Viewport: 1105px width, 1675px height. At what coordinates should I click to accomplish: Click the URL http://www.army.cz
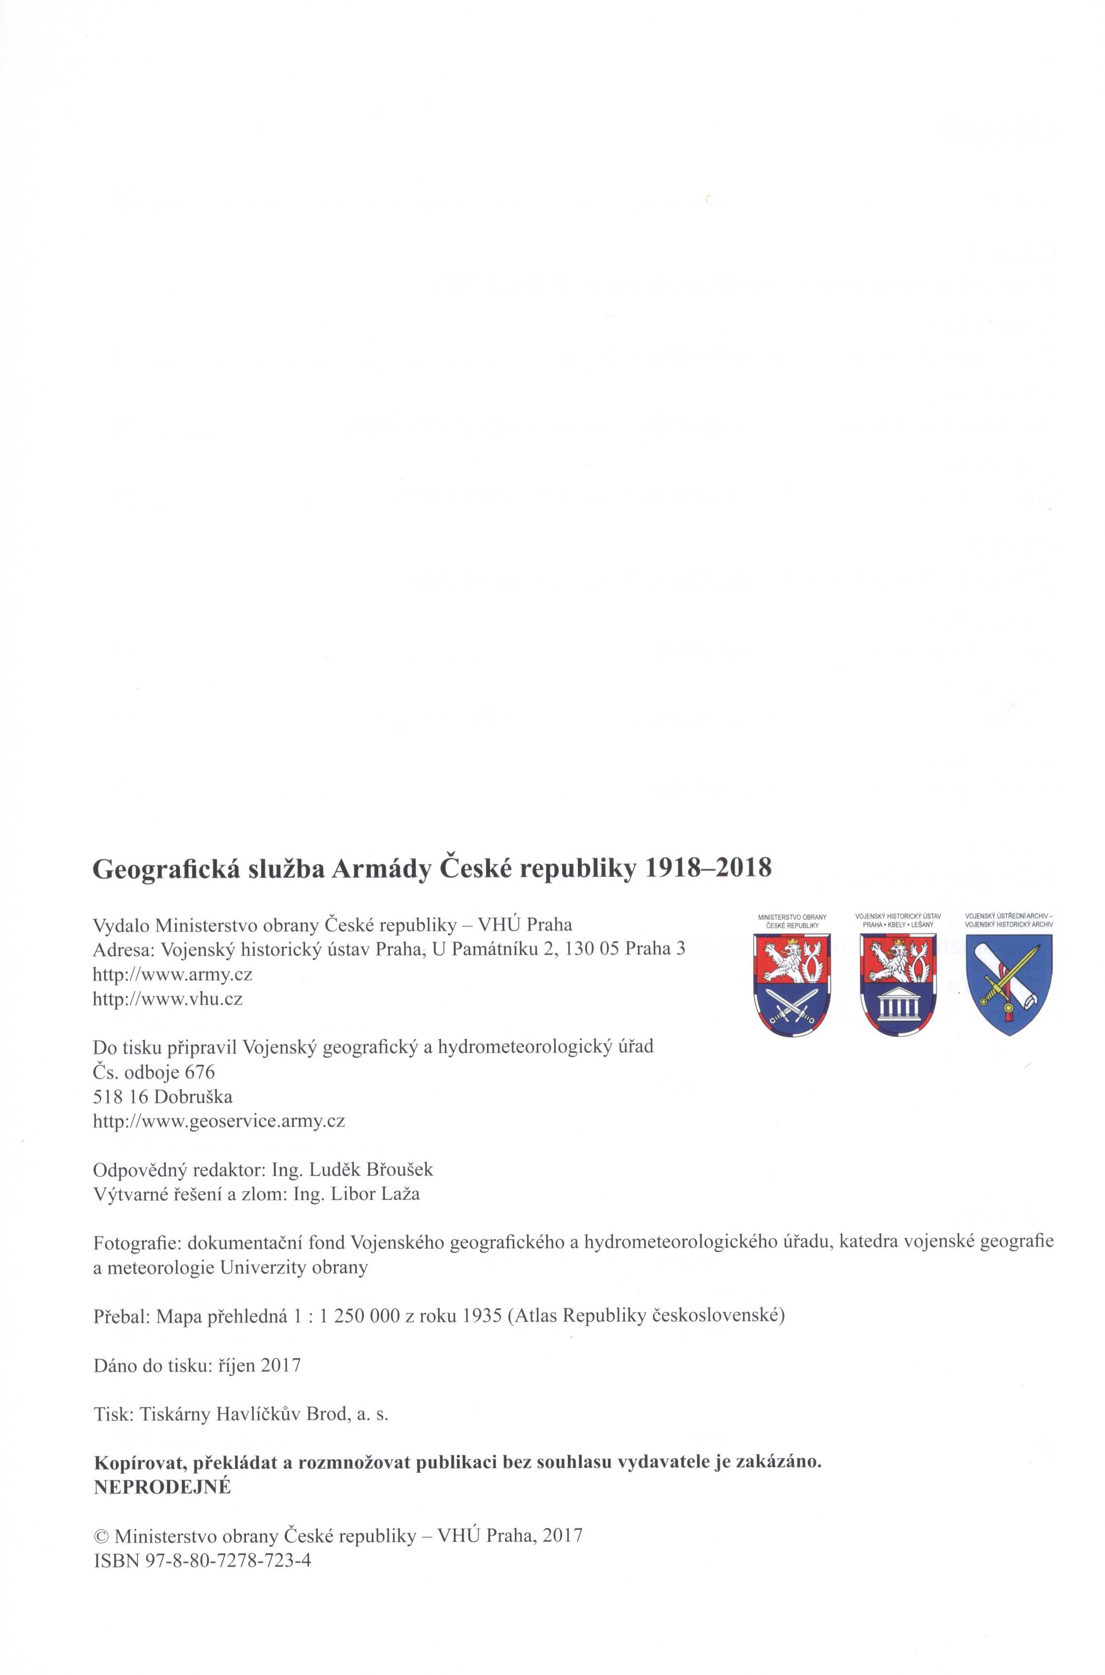point(173,975)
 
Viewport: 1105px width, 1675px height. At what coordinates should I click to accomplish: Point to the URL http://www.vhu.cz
point(168,999)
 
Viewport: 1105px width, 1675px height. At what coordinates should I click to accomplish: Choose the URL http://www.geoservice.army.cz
point(219,1121)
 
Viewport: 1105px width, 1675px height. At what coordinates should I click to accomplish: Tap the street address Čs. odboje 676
point(154,1073)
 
